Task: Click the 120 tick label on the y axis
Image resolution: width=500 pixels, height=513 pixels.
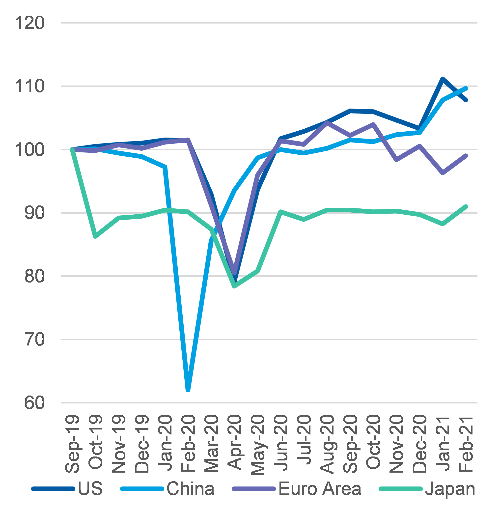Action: click(x=29, y=23)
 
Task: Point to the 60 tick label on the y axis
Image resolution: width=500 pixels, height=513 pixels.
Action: click(x=34, y=403)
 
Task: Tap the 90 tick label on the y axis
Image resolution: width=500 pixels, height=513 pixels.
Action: click(x=34, y=213)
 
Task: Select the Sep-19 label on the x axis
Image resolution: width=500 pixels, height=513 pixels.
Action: click(x=72, y=444)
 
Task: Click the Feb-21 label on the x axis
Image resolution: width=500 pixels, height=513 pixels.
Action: click(x=466, y=444)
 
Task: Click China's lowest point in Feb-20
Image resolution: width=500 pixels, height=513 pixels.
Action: click(x=188, y=390)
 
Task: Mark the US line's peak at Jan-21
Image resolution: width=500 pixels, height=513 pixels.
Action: click(x=443, y=79)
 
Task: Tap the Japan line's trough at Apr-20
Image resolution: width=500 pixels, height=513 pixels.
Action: click(x=234, y=286)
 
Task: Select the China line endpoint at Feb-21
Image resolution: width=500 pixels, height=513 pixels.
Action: click(x=466, y=88)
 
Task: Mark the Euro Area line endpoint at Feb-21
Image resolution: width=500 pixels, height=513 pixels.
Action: click(x=466, y=156)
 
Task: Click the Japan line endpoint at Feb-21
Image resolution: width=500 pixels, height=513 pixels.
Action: click(x=466, y=207)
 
